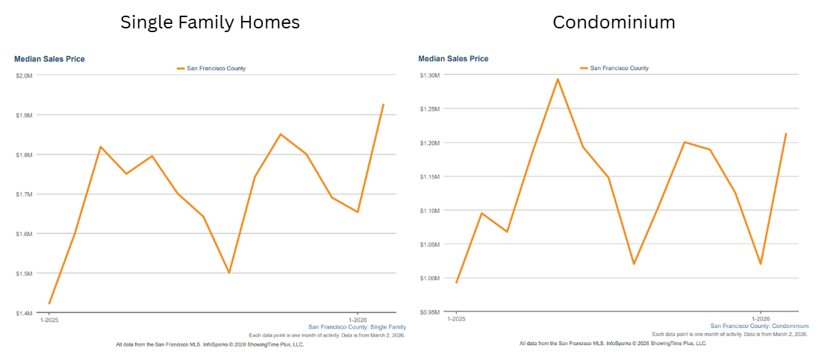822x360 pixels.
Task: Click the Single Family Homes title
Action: [210, 22]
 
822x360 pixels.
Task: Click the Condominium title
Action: [614, 22]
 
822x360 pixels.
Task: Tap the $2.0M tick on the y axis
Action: [24, 75]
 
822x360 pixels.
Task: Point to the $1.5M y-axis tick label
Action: [24, 273]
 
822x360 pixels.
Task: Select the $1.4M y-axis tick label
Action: [24, 313]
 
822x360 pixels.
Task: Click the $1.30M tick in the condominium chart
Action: [429, 75]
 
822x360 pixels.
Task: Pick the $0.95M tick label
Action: [429, 312]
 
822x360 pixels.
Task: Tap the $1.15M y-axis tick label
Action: [429, 177]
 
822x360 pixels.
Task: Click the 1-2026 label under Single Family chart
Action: [358, 320]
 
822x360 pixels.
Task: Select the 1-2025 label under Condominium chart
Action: [456, 319]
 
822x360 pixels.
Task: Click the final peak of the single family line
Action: [383, 105]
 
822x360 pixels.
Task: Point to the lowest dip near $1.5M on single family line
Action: [228, 273]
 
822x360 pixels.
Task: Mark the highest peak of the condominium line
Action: [558, 79]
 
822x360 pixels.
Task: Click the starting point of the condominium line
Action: [456, 282]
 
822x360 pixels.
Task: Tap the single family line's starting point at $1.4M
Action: [49, 303]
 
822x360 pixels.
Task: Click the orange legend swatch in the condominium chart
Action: [584, 68]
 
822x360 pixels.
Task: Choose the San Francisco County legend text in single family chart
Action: [216, 69]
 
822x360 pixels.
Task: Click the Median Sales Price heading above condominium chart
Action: [453, 58]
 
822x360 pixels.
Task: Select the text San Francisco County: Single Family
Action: [357, 327]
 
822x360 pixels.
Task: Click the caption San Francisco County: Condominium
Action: [759, 326]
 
